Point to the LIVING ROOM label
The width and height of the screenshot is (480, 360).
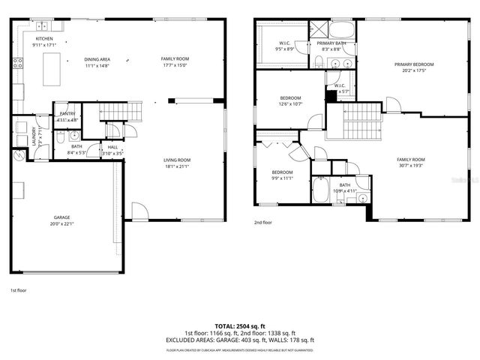pos(177,160)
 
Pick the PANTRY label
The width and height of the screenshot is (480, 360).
pos(67,114)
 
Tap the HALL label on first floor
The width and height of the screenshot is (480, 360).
pos(112,147)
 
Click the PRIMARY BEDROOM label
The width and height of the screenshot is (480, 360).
pos(414,64)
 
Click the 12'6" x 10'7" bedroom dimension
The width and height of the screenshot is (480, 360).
pos(291,104)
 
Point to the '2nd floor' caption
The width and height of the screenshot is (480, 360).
pos(262,223)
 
